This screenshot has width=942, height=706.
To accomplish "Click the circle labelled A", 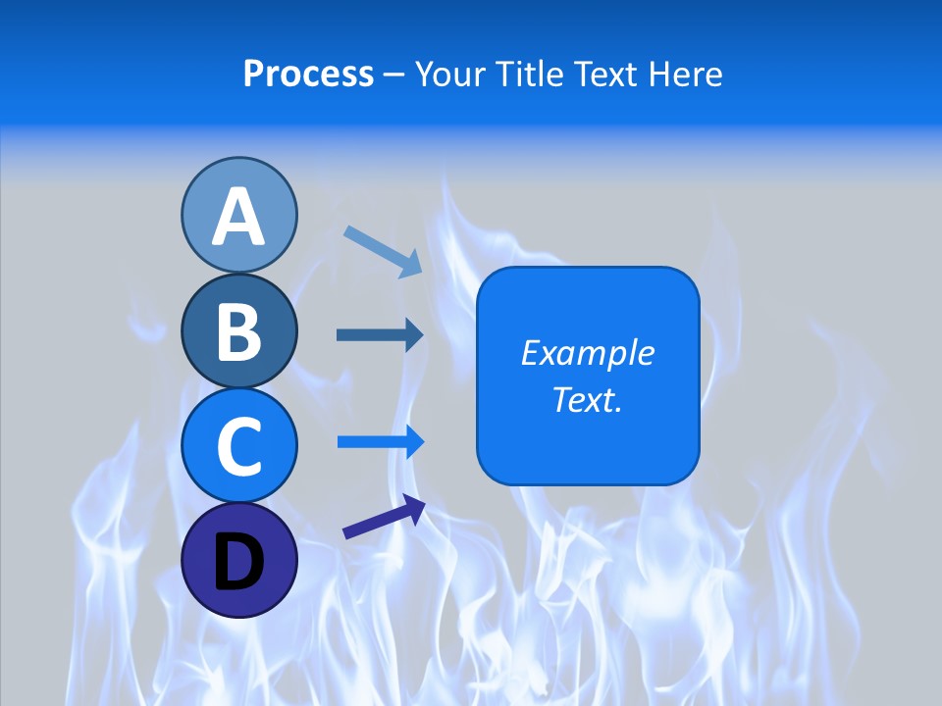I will pos(238,215).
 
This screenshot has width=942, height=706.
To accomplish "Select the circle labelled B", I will pos(238,330).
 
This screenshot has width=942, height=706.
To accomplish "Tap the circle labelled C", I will pos(238,445).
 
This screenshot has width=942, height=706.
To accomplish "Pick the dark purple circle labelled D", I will pos(238,560).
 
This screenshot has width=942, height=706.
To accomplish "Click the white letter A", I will pos(238,217).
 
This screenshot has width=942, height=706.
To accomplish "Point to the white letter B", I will pos(238,331).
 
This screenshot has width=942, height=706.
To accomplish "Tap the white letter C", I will pos(238,446).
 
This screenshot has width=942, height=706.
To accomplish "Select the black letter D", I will pos(238,562).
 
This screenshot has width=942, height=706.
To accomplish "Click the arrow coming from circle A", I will pos(383,250).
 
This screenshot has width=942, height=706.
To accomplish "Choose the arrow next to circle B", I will pos(380,334).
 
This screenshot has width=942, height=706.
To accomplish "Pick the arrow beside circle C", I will pos(381,441).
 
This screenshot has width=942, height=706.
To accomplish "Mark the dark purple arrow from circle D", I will pos(384,517).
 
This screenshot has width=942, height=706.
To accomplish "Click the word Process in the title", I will pos(308,74).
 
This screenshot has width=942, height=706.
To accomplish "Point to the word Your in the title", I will pos(451,74).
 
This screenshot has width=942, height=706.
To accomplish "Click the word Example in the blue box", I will pos(587,353).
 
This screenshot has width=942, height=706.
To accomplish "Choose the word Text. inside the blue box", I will pos(587,399).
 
